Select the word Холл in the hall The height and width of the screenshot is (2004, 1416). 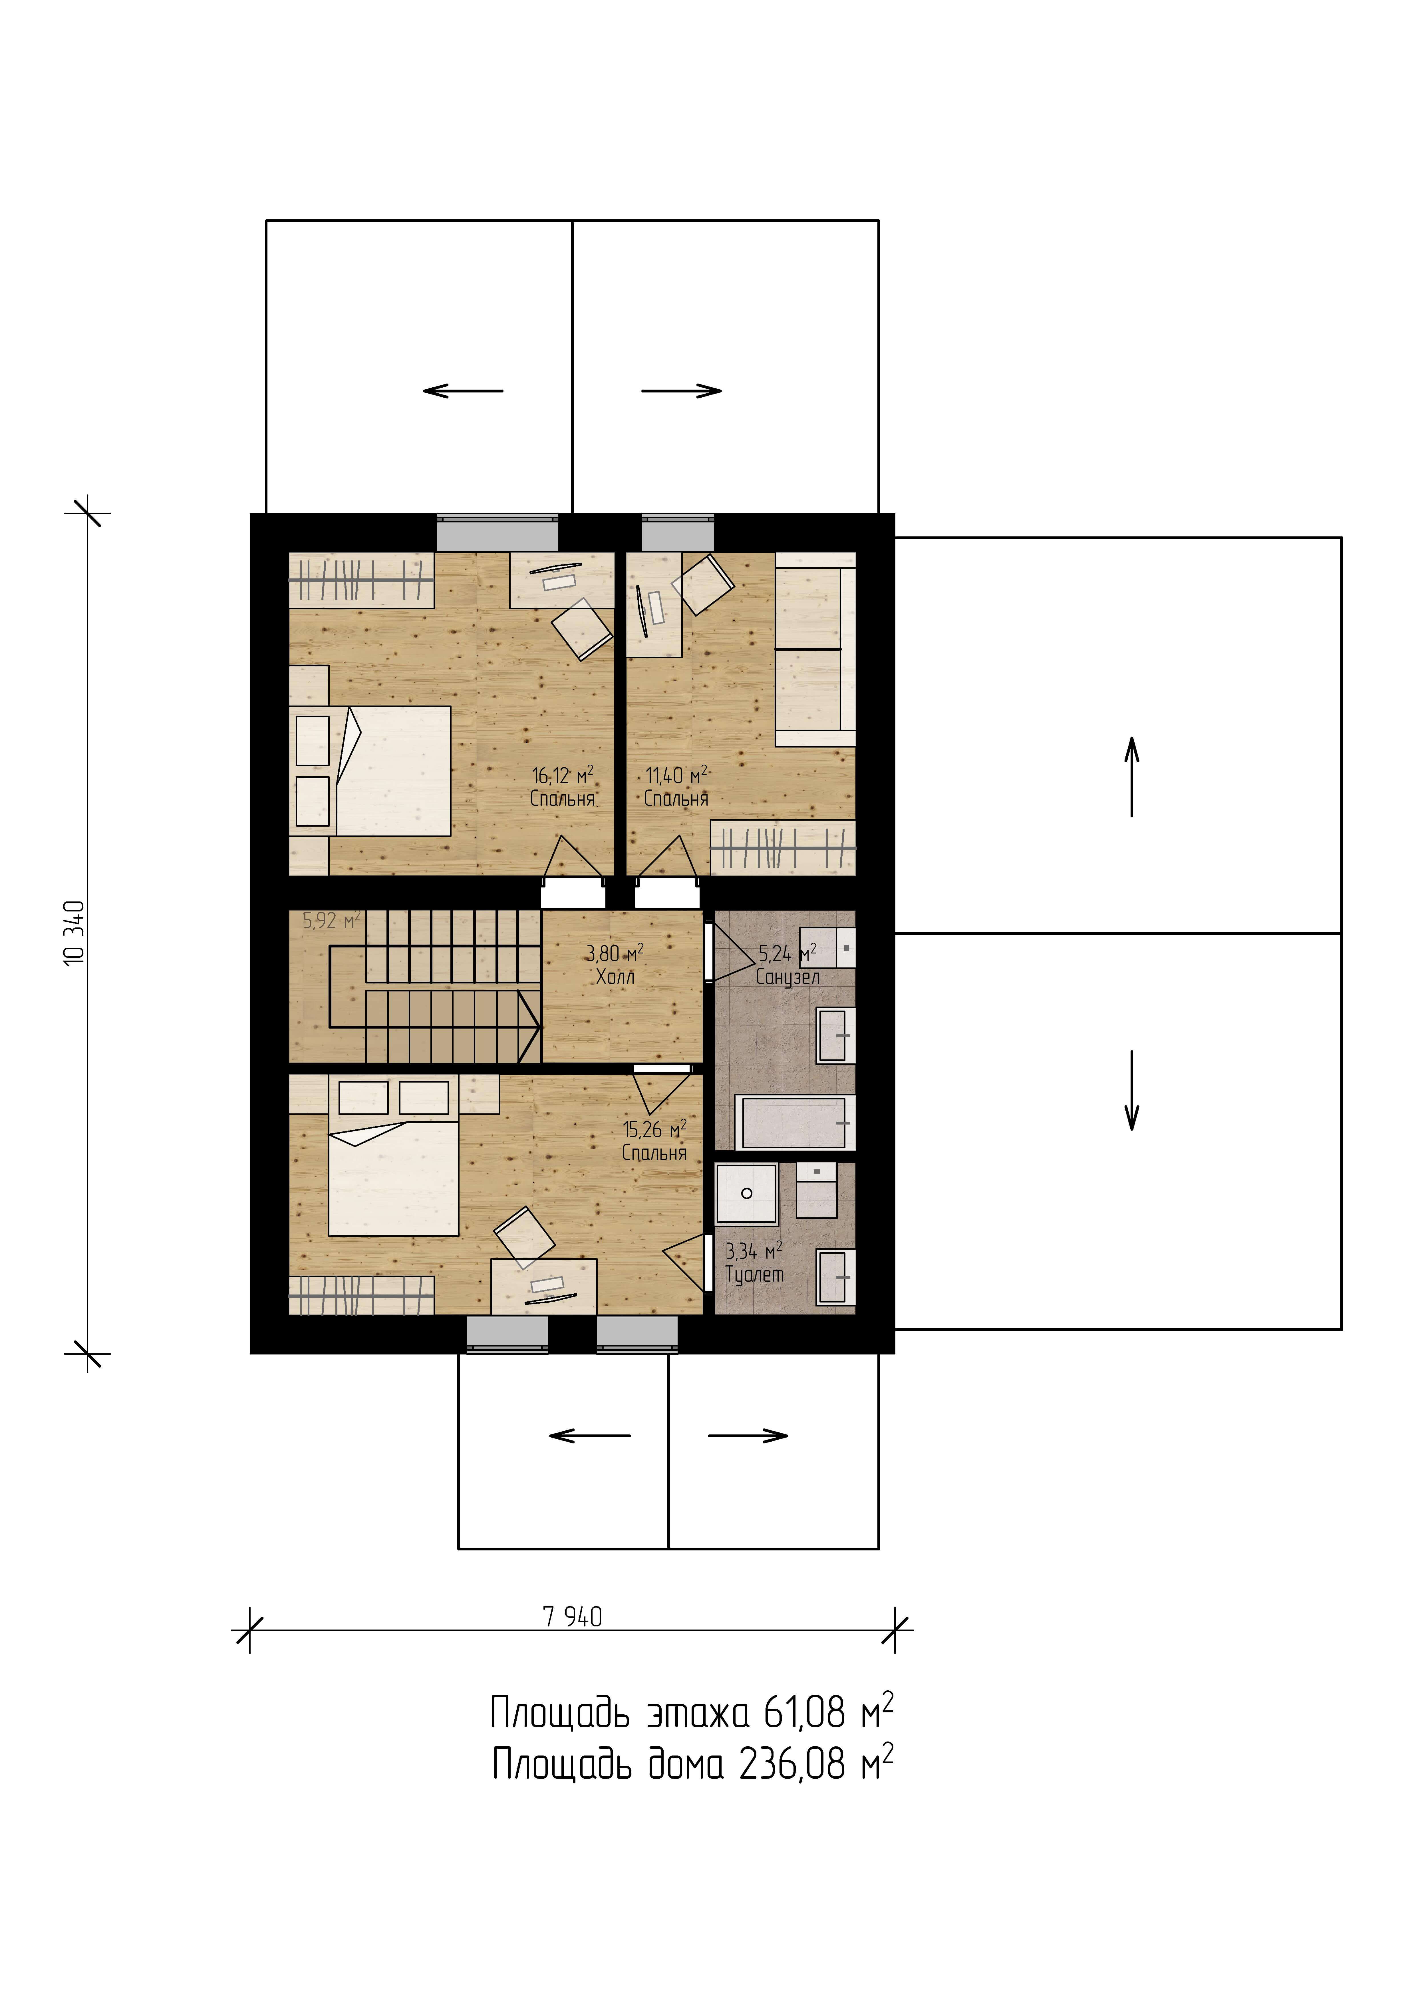[x=615, y=977]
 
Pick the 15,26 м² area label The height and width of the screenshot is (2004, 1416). [x=654, y=1129]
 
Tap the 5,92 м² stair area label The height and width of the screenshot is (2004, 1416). [x=332, y=920]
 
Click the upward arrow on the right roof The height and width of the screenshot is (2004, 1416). [x=1132, y=776]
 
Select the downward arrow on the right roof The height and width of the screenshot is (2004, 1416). [x=1132, y=1090]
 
